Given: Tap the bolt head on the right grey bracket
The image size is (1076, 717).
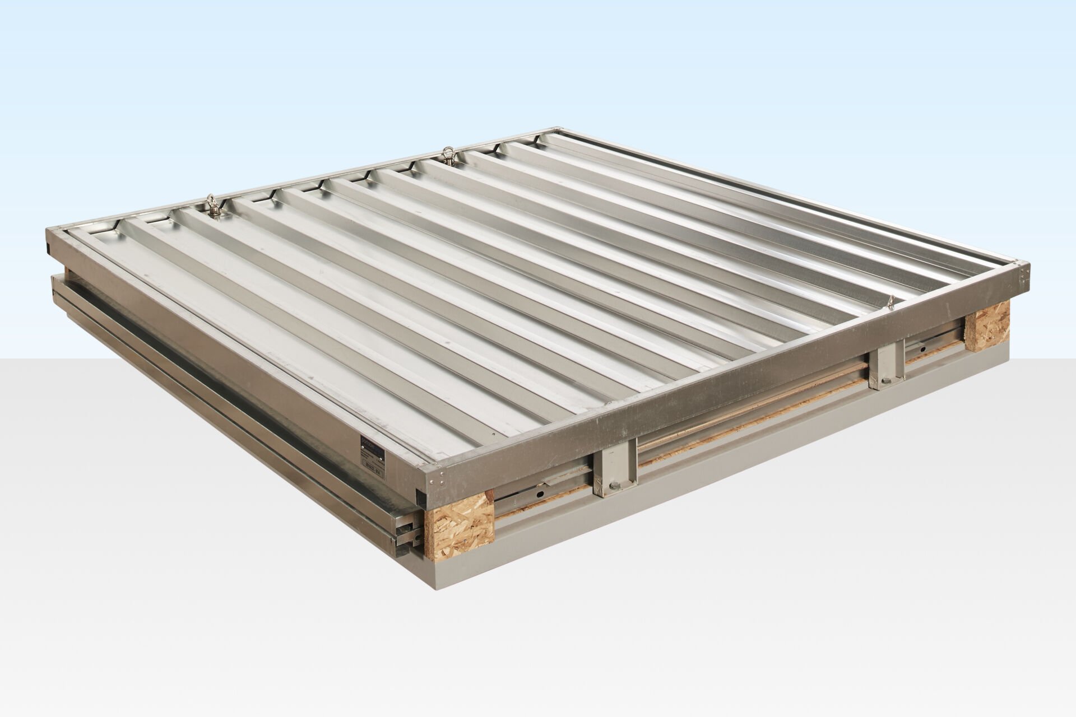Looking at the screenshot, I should (884, 380).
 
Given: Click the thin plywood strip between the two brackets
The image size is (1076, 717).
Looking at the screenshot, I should (751, 431).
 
